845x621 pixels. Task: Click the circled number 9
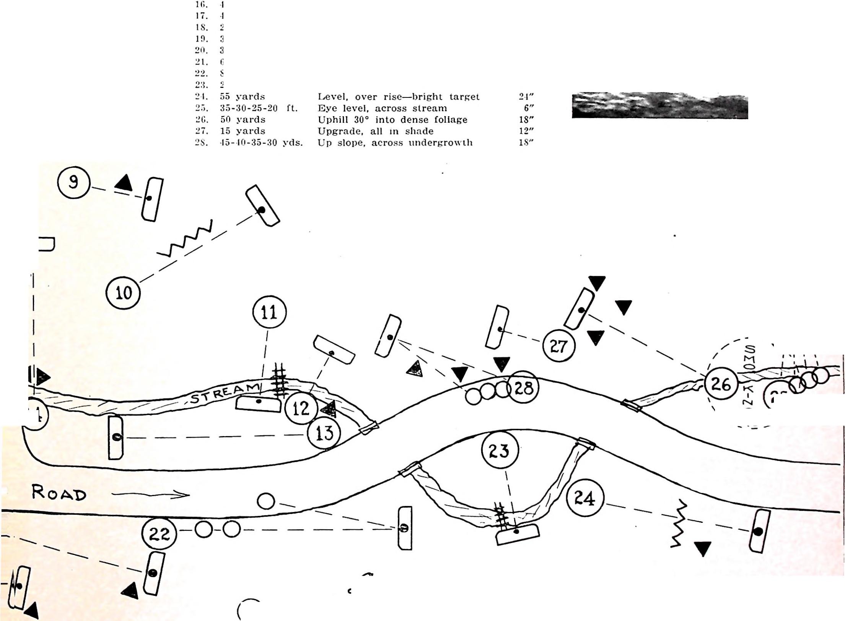click(x=74, y=182)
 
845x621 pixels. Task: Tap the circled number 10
click(x=123, y=293)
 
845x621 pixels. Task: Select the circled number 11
click(x=269, y=312)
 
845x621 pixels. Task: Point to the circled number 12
click(x=301, y=408)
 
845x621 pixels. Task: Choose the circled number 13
click(x=324, y=433)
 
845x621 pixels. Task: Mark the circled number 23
click(x=500, y=451)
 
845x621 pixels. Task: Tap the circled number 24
click(x=585, y=498)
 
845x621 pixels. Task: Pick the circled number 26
click(x=721, y=383)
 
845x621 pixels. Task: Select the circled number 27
click(x=558, y=346)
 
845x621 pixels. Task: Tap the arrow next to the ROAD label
click(x=151, y=495)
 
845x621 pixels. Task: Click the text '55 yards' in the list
click(x=243, y=97)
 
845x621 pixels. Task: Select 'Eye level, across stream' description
click(x=382, y=109)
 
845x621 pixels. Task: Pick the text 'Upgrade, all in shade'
click(x=376, y=131)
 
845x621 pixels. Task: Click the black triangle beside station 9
click(x=124, y=183)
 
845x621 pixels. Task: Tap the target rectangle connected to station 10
click(x=262, y=206)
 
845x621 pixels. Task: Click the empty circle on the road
click(x=266, y=501)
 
